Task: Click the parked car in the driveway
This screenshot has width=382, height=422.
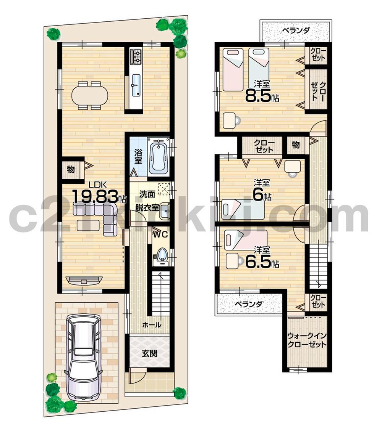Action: point(83,356)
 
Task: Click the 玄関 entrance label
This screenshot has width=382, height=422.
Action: point(150,353)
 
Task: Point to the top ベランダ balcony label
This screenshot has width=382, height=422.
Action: point(295,31)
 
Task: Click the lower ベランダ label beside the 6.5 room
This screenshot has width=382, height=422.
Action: point(249,304)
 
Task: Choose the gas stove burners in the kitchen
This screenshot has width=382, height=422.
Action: point(136,56)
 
